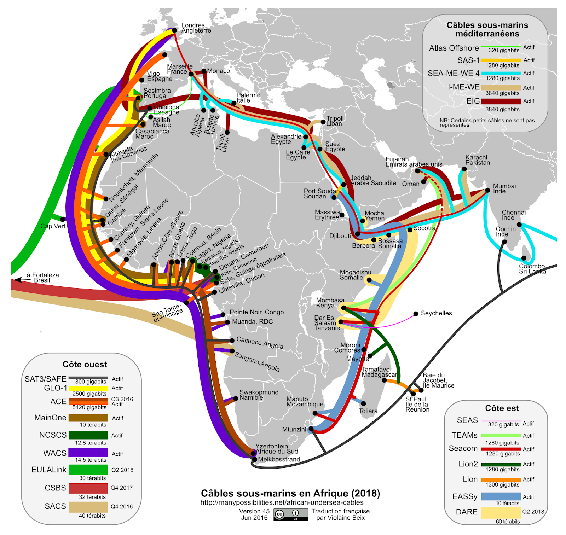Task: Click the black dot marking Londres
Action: [x=174, y=30]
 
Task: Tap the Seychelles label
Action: [x=436, y=313]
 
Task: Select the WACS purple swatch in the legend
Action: [x=88, y=453]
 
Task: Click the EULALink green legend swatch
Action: [x=88, y=470]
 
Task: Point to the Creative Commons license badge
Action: [x=290, y=514]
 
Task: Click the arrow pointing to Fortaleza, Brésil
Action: [x=21, y=280]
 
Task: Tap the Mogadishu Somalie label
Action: [x=355, y=275]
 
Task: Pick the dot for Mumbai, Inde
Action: [x=487, y=190]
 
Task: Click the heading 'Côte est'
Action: [x=502, y=408]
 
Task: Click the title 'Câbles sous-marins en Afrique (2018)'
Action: [x=290, y=493]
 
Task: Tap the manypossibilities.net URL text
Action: [x=282, y=502]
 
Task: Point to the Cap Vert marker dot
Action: [x=63, y=219]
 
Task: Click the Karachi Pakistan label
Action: [x=478, y=160]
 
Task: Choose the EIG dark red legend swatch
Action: [x=501, y=101]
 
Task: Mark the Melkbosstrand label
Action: [x=279, y=459]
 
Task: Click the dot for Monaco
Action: [x=204, y=71]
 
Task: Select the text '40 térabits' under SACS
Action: [x=92, y=516]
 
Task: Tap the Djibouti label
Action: [x=340, y=236]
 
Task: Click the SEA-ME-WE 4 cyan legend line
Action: [x=501, y=74]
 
